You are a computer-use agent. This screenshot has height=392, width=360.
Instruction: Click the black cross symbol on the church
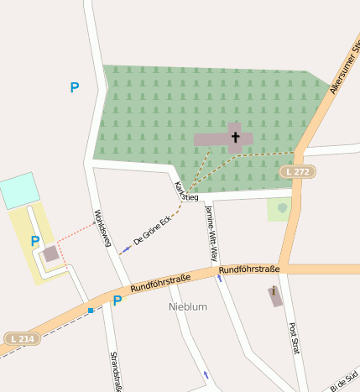click(236, 137)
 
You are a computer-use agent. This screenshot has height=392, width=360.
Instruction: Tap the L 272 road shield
click(297, 171)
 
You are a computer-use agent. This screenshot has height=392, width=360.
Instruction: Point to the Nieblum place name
click(188, 306)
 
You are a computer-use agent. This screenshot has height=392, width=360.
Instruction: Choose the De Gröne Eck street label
click(152, 229)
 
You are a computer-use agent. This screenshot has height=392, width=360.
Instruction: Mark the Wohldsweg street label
click(102, 227)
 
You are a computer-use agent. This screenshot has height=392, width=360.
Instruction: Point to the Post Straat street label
click(294, 340)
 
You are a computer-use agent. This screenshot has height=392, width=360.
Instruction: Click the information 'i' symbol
click(274, 291)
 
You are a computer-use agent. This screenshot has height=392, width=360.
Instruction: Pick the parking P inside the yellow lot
click(35, 242)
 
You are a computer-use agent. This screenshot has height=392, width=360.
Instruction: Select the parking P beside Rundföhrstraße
click(117, 301)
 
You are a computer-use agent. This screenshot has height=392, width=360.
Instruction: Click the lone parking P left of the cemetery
click(75, 87)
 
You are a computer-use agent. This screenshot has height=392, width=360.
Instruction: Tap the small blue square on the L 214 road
click(91, 311)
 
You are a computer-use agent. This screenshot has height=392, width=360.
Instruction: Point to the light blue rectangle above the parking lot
click(19, 191)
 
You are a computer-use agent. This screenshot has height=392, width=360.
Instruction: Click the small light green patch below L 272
click(279, 209)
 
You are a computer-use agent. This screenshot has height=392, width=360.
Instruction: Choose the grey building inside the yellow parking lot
click(51, 253)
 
